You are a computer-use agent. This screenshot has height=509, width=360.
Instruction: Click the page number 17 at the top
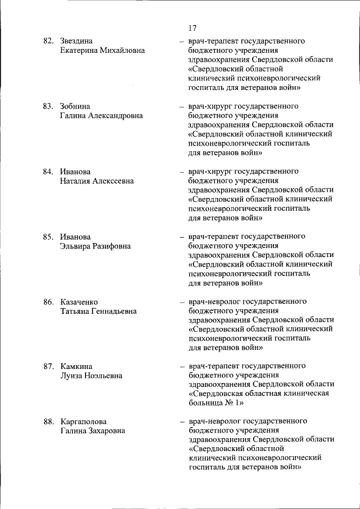192,28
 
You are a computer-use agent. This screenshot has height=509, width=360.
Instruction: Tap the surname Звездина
76,41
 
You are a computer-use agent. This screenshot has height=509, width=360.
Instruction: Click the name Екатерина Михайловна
102,50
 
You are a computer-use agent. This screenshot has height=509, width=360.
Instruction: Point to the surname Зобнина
75,106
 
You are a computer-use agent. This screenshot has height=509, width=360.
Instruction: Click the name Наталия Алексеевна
97,181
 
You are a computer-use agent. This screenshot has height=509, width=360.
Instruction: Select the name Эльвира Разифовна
95,246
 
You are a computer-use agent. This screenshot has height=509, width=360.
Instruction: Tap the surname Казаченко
83,302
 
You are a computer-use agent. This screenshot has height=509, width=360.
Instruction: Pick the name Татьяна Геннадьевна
98,311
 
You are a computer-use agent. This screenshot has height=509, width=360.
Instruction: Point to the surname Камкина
76,367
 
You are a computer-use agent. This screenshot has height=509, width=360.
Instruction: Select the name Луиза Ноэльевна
91,376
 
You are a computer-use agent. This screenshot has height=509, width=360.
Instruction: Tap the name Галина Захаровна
93,430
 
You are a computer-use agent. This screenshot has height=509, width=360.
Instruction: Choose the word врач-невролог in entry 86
210,302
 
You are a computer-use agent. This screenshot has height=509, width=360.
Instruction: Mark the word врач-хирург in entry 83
206,106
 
